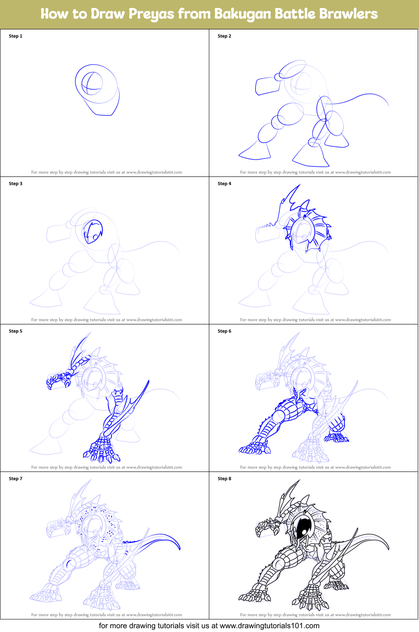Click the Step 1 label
coord(16,36)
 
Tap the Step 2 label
coord(224,36)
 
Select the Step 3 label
coord(16,184)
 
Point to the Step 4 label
coord(224,184)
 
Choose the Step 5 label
coord(16,331)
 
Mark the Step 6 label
coord(224,331)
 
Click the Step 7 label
coord(16,479)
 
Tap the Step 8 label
coord(224,479)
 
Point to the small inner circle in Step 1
coord(91,83)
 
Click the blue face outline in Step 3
coord(93,232)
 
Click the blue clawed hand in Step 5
coord(58,381)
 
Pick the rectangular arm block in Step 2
coord(267,85)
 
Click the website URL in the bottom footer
coord(269,626)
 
